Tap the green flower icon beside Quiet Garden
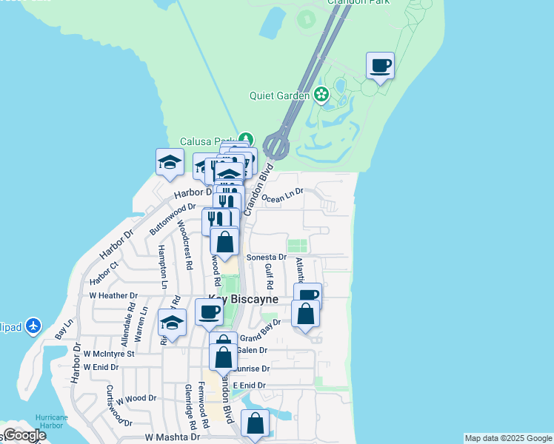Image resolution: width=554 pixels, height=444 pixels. coord(321,94)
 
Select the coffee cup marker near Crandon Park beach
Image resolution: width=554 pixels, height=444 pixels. coord(380,67)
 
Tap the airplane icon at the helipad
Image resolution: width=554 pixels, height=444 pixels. coord(33,325)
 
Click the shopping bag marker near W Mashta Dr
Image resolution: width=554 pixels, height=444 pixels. coord(255,425)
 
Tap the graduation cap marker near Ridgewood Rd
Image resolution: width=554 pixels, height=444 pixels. coord(172,323)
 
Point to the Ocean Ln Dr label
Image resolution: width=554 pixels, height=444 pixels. coord(283,195)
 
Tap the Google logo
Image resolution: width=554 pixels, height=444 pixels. coord(24,435)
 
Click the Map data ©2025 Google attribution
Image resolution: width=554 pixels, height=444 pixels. coord(508,438)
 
